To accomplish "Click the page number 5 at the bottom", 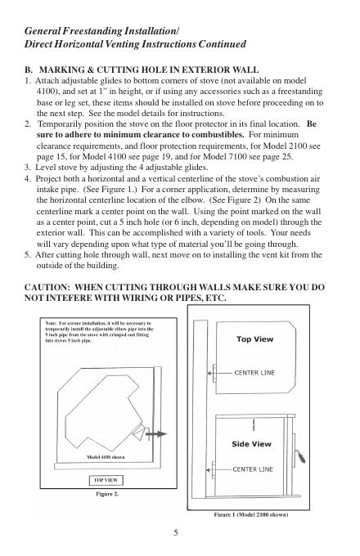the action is point(176,532).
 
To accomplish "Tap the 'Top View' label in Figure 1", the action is point(255,339).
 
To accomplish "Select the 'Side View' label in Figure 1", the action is point(251,444).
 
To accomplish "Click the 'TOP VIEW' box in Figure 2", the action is point(106,481).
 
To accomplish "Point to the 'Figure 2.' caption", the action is point(107,494).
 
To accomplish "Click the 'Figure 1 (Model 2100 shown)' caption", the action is point(250,514).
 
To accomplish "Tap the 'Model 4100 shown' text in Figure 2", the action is point(106,457).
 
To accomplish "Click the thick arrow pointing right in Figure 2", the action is point(155,433).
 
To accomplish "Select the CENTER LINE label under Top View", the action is point(254,373).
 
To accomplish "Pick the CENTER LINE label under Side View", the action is point(253,469).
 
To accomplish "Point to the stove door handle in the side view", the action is point(301,455).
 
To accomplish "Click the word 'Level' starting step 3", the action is point(45,168).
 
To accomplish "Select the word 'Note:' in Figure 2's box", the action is point(51,324).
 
